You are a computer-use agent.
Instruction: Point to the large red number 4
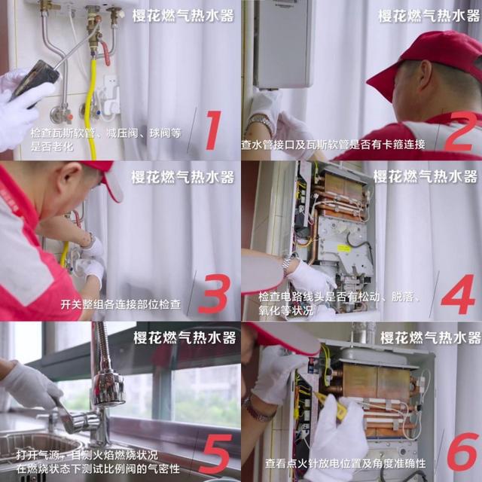click(x=456, y=294)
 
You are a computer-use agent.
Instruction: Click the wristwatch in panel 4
click(x=287, y=264)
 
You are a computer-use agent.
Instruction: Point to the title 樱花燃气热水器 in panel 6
click(x=429, y=337)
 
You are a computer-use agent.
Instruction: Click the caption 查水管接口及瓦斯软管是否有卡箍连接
click(x=333, y=144)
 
